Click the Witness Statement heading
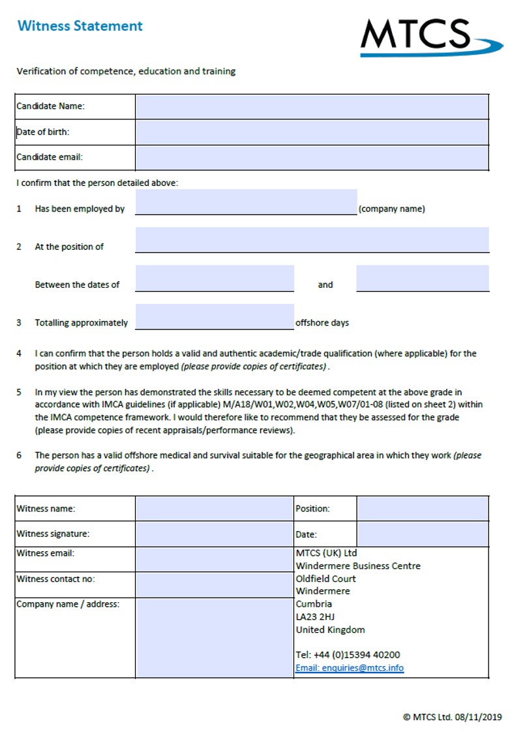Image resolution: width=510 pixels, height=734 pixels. pyautogui.click(x=80, y=26)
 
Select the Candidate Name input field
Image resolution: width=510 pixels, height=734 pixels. pyautogui.click(x=312, y=106)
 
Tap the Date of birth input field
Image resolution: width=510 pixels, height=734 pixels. pyautogui.click(x=312, y=132)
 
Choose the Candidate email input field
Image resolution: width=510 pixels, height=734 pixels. pyautogui.click(x=312, y=157)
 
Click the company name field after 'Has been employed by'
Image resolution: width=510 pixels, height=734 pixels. pyautogui.click(x=246, y=202)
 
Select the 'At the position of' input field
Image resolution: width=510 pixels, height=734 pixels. pyautogui.click(x=312, y=239)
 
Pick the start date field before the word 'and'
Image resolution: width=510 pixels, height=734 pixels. pyautogui.click(x=215, y=278)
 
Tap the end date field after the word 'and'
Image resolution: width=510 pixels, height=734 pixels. pyautogui.click(x=422, y=278)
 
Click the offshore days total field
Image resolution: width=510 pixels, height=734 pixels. pyautogui.click(x=215, y=316)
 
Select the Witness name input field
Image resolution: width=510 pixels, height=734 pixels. pyautogui.click(x=215, y=508)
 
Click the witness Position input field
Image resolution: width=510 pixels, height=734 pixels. pyautogui.click(x=422, y=508)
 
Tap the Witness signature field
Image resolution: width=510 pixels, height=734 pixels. pyautogui.click(x=215, y=534)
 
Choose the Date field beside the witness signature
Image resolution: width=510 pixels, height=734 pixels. pyautogui.click(x=422, y=534)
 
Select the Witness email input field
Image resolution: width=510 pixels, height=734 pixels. pyautogui.click(x=215, y=559)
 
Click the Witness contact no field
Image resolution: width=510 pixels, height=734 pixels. pyautogui.click(x=215, y=585)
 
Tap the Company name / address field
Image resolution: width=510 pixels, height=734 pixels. pyautogui.click(x=215, y=637)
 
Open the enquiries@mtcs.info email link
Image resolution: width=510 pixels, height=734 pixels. pyautogui.click(x=350, y=668)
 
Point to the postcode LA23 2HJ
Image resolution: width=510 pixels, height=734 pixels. pyautogui.click(x=316, y=617)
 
